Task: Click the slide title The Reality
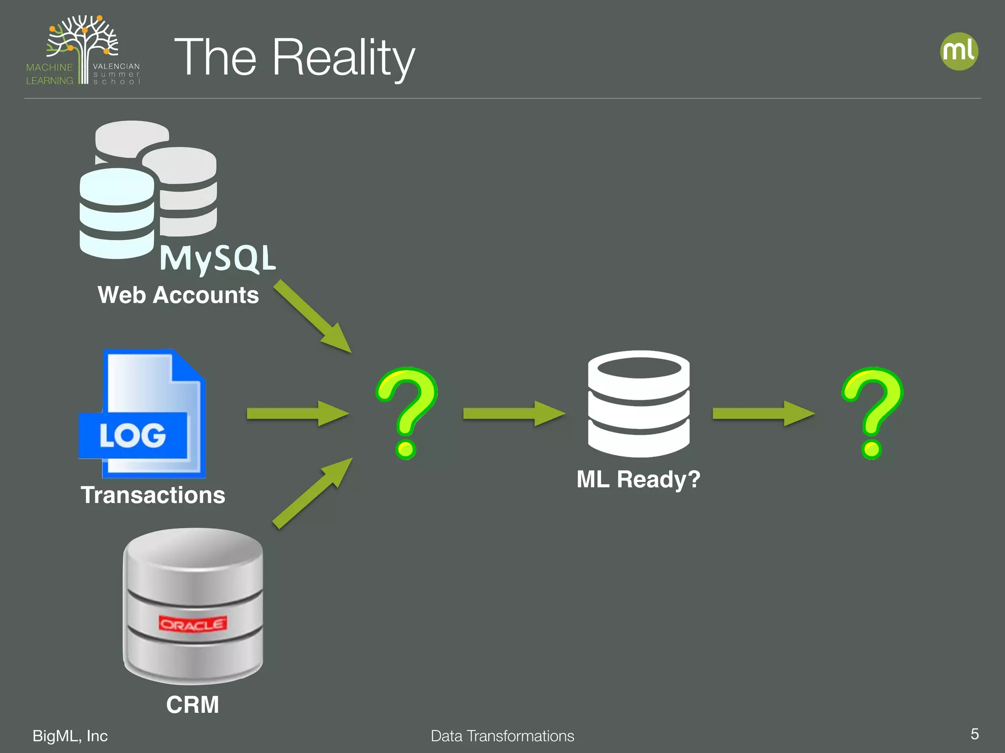[294, 58]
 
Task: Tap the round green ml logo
[959, 51]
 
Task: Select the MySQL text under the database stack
[218, 258]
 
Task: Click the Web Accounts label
[178, 295]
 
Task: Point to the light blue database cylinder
[117, 213]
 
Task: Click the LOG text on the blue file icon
[132, 435]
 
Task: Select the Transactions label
[153, 495]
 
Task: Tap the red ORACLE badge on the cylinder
[192, 624]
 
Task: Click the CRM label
[192, 704]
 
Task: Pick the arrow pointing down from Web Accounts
[313, 316]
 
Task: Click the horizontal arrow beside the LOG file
[297, 413]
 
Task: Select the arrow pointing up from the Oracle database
[313, 493]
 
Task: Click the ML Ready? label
[638, 479]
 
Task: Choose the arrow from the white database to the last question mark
[763, 413]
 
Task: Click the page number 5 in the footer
[975, 734]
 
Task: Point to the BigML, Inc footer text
[70, 736]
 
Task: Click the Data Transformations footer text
[502, 736]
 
